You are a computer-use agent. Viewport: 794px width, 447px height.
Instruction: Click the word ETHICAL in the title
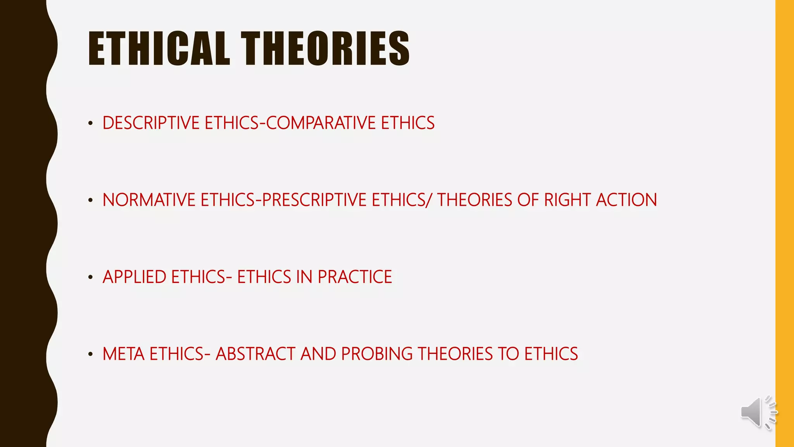[159, 49]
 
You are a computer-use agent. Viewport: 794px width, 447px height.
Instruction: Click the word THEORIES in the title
[325, 49]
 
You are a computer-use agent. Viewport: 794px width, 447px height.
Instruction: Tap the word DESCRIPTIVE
[151, 123]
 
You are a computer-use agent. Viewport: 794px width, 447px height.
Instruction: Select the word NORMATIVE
[149, 200]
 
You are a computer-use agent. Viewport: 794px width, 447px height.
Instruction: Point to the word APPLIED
[135, 277]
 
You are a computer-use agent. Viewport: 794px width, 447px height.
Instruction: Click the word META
[123, 354]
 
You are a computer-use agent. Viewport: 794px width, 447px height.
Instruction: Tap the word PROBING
[376, 354]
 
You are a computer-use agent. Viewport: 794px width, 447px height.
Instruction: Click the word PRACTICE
[355, 277]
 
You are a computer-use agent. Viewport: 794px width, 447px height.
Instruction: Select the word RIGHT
[567, 200]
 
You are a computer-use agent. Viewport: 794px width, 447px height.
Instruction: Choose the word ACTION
[626, 200]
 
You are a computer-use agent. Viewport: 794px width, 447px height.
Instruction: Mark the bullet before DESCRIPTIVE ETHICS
[90, 124]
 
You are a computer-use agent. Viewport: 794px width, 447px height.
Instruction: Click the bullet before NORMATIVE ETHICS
[90, 201]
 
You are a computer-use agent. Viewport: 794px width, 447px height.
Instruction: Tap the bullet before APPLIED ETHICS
[90, 277]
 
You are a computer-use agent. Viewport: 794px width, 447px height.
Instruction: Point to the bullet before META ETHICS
[90, 354]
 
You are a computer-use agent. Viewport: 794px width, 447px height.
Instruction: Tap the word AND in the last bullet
[318, 354]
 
